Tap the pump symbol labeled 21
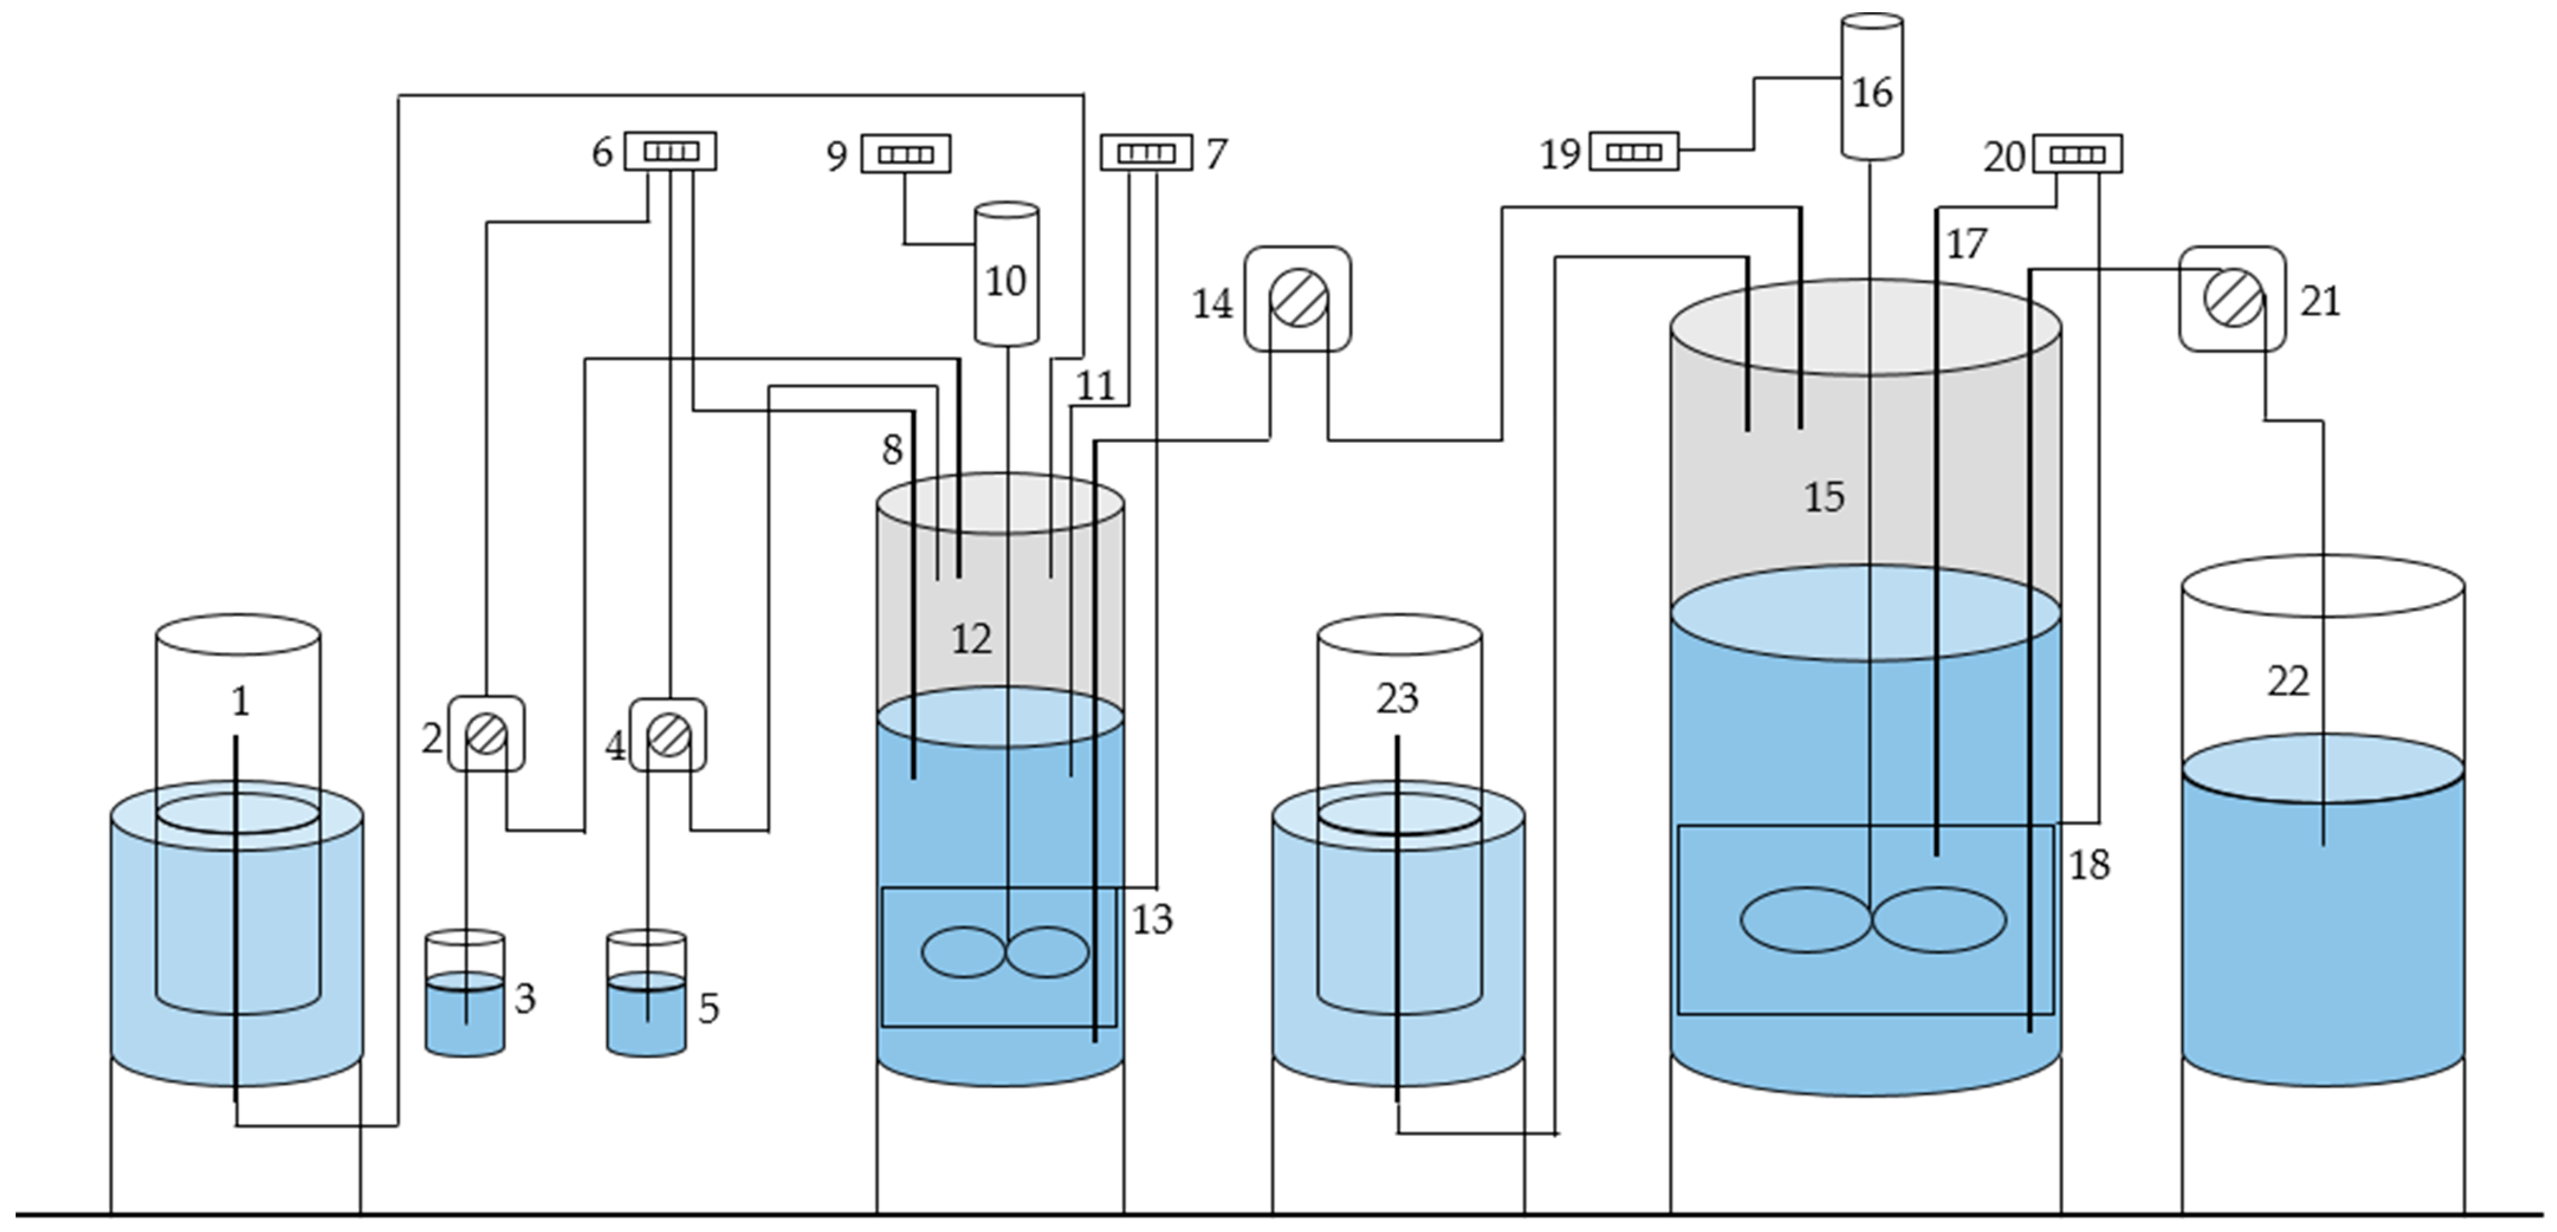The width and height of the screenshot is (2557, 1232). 2232,299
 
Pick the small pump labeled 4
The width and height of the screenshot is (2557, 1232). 668,735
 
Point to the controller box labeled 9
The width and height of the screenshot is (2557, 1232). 905,154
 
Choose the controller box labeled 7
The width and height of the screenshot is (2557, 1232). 1146,153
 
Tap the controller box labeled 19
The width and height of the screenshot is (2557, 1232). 1634,152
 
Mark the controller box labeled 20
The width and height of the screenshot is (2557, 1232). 2078,154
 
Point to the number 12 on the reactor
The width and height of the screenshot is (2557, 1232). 971,639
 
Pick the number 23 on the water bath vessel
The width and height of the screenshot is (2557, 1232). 1396,699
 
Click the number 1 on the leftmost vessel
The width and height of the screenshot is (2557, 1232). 239,702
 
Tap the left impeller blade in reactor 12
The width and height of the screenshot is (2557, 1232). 963,952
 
